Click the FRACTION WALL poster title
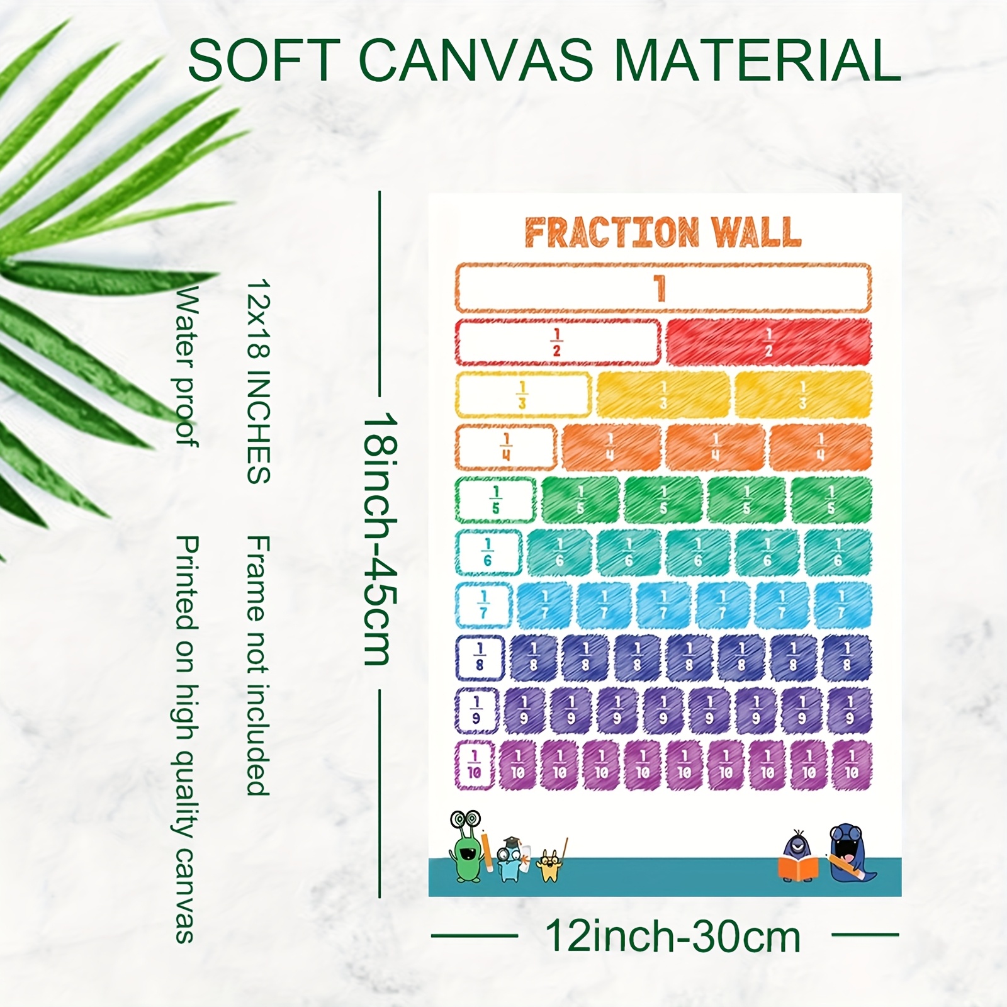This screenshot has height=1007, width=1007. click(x=663, y=232)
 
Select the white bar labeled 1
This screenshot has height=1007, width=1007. click(x=663, y=288)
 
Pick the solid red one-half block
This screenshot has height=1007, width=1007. click(x=768, y=342)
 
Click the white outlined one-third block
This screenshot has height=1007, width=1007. click(x=522, y=395)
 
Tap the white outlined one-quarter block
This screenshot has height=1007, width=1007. click(x=506, y=447)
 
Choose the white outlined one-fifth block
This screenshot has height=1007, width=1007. click(x=495, y=500)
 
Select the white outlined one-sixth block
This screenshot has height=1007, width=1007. click(x=488, y=553)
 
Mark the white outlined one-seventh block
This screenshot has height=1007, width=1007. click(x=483, y=605)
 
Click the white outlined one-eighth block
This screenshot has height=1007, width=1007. click(x=480, y=658)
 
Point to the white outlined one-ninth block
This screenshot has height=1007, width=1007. click(x=476, y=711)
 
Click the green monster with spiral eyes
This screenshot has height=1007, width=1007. click(x=468, y=847)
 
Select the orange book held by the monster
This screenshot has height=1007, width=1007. click(x=798, y=867)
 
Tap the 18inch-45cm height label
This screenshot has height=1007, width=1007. click(x=380, y=539)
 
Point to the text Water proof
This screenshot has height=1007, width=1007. click(x=186, y=367)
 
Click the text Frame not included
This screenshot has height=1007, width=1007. click(x=258, y=666)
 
